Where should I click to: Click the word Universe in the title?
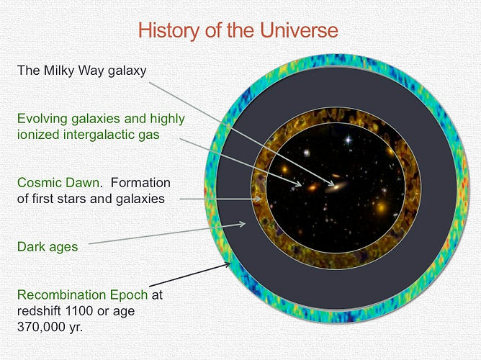pyautogui.click(x=300, y=30)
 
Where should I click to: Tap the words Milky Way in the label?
pyautogui.click(x=75, y=71)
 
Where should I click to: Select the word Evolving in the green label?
pyautogui.click(x=42, y=119)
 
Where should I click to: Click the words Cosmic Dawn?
pyautogui.click(x=58, y=182)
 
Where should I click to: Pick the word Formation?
pyautogui.click(x=140, y=182)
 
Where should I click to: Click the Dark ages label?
pyautogui.click(x=48, y=247)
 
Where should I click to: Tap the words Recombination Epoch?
pyautogui.click(x=83, y=294)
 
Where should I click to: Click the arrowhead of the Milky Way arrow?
pyautogui.click(x=331, y=184)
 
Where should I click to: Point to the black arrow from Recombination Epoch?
pyautogui.click(x=189, y=275)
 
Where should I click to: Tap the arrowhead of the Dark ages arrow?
pyautogui.click(x=242, y=224)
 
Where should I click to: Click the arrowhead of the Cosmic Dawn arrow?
pyautogui.click(x=259, y=199)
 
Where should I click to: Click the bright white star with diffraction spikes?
pyautogui.click(x=349, y=140)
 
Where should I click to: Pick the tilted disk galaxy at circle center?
pyautogui.click(x=336, y=186)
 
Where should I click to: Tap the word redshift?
pyautogui.click(x=40, y=311)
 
